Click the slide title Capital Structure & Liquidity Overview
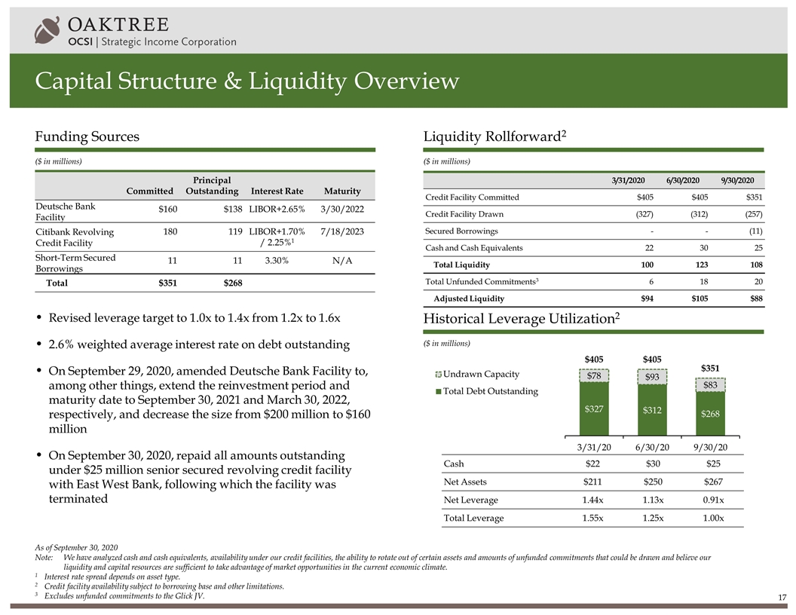point(247,81)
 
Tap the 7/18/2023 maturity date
point(337,232)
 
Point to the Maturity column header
point(341,191)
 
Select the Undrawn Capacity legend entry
point(480,375)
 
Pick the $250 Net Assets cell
point(653,482)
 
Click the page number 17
point(782,598)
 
